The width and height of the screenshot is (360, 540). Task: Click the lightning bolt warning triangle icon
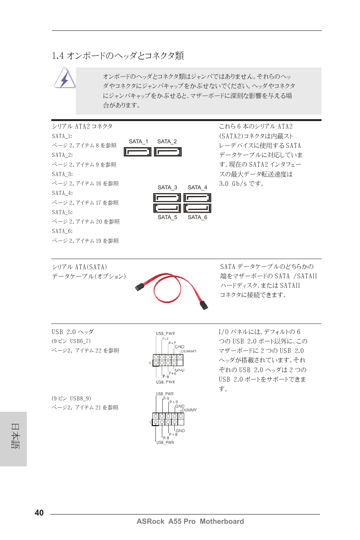click(x=65, y=78)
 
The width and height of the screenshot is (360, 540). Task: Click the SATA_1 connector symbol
click(x=137, y=152)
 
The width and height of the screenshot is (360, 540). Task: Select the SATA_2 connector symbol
click(x=168, y=152)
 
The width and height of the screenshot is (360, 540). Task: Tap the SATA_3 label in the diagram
click(x=167, y=187)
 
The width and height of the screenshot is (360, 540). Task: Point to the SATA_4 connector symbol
click(x=197, y=198)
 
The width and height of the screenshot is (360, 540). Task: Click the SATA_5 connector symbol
click(x=167, y=208)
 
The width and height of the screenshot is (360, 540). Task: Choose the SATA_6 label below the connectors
click(x=197, y=217)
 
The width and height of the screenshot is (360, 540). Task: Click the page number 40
click(x=39, y=512)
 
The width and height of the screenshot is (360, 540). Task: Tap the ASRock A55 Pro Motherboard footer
click(x=190, y=521)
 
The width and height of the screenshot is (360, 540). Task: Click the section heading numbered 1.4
click(x=118, y=56)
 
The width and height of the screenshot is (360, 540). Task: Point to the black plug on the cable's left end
click(x=139, y=287)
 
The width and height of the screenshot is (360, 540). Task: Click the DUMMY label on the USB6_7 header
click(x=189, y=351)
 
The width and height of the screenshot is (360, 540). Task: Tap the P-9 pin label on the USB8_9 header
click(x=166, y=398)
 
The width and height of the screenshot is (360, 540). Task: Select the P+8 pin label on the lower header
click(x=173, y=434)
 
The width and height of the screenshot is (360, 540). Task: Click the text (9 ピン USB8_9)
click(x=71, y=398)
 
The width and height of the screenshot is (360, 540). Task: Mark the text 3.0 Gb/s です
click(x=242, y=184)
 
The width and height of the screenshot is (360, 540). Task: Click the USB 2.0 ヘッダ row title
click(x=73, y=332)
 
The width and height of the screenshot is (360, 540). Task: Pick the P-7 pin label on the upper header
click(x=165, y=339)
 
